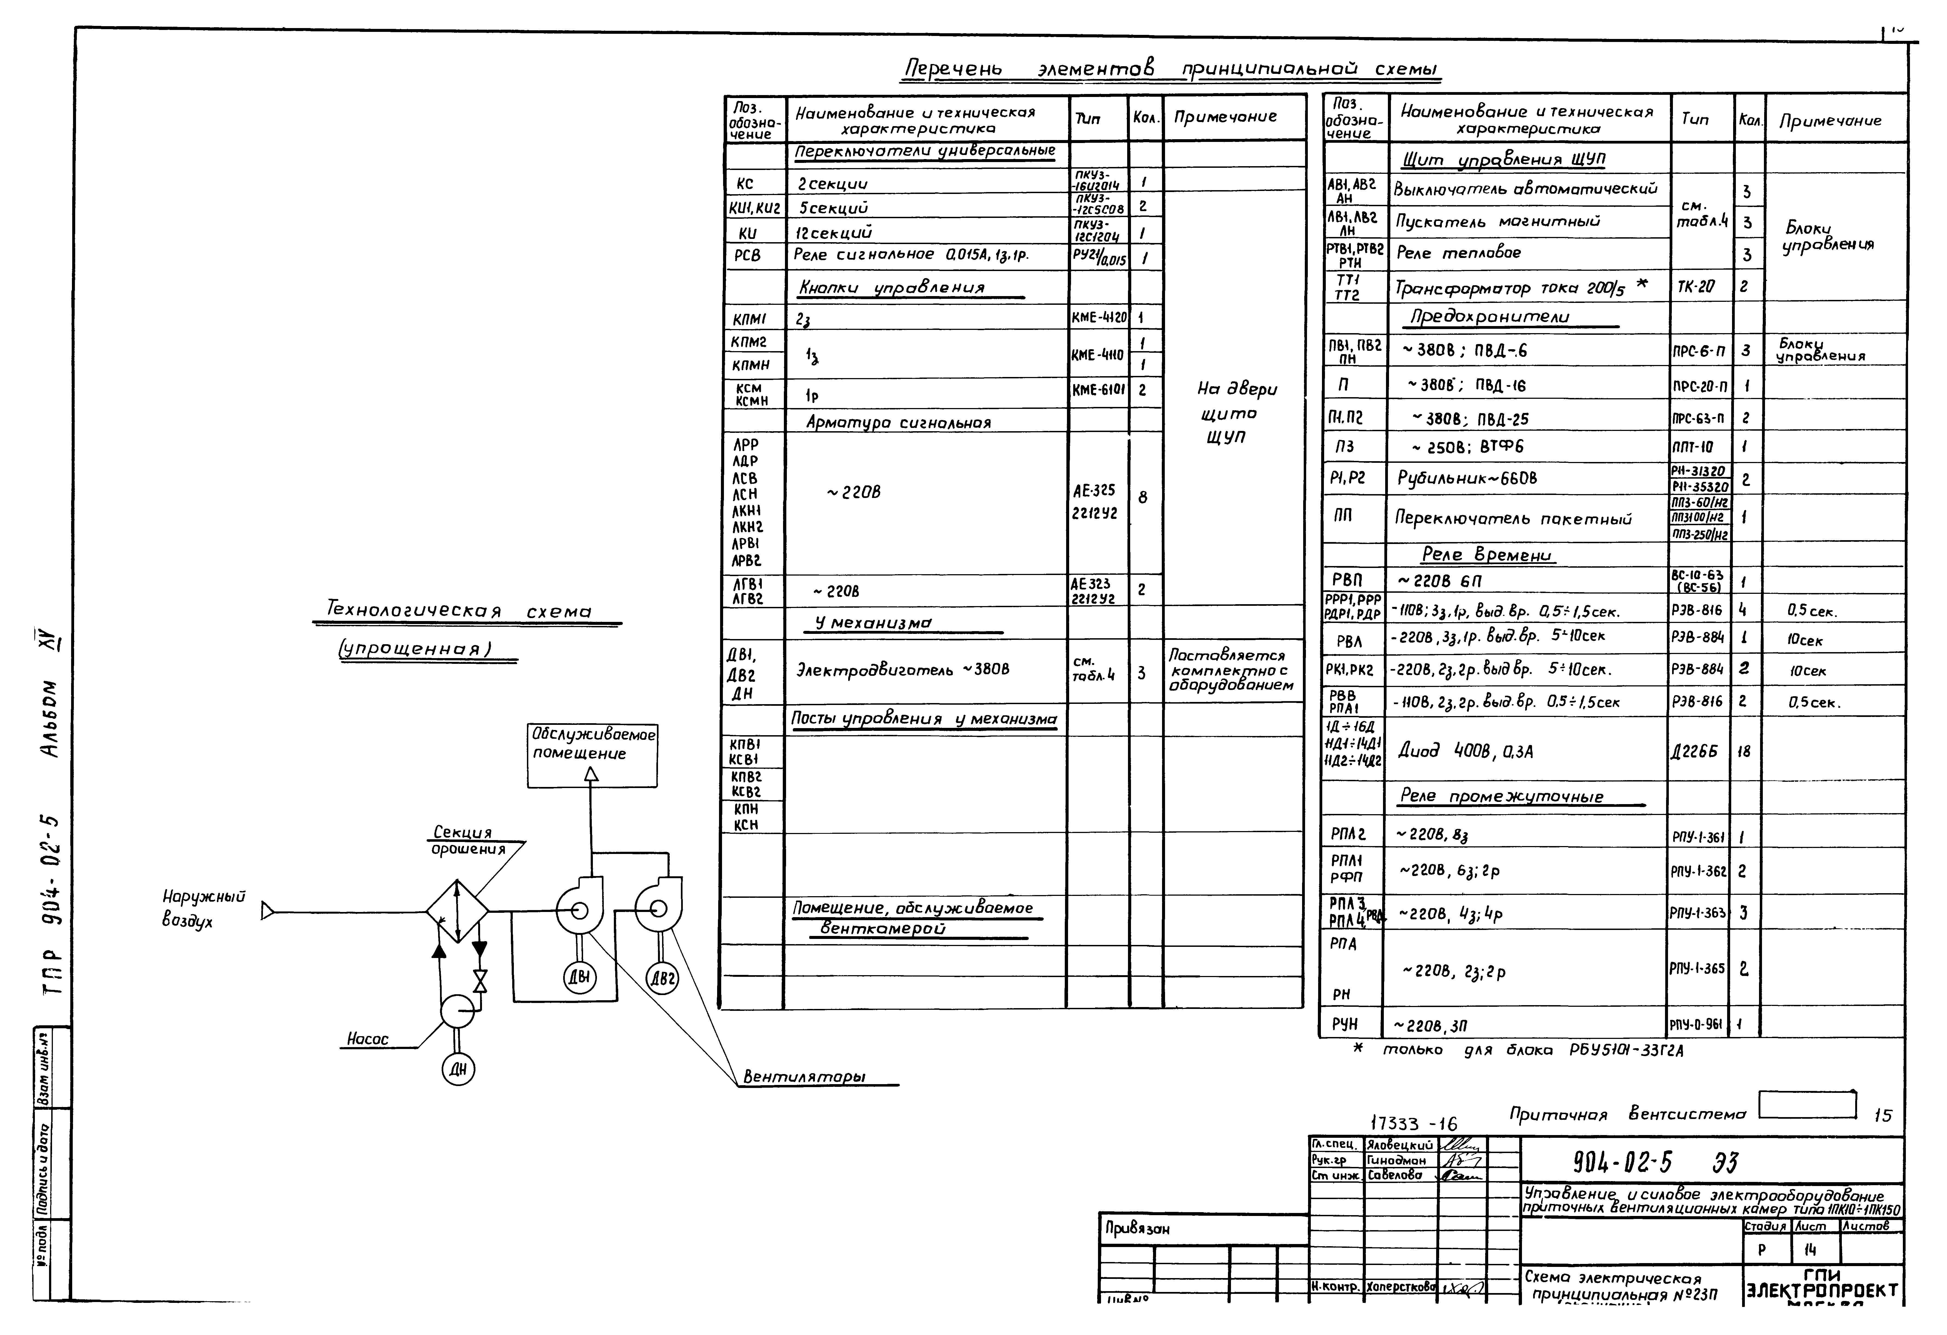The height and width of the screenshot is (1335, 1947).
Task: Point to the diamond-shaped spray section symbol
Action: [457, 911]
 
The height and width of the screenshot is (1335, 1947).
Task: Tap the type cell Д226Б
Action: [1694, 751]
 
